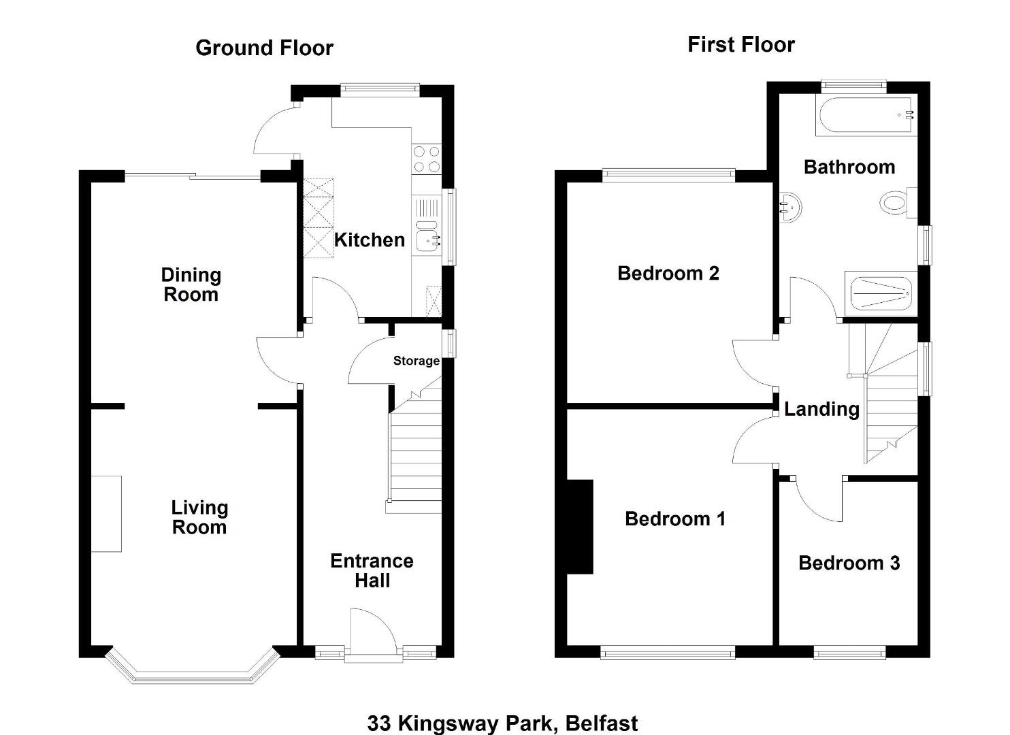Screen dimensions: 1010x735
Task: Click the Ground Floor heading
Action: click(x=264, y=48)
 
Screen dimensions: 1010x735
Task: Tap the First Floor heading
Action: click(x=740, y=45)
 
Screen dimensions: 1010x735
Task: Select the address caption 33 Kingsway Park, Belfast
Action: click(x=502, y=723)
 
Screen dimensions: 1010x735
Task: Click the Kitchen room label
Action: click(x=370, y=240)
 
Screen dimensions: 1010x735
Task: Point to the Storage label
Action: click(x=416, y=361)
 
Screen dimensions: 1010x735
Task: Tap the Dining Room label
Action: click(x=191, y=284)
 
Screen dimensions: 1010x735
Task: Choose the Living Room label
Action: click(x=199, y=517)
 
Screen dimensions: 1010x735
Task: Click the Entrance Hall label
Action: click(x=372, y=570)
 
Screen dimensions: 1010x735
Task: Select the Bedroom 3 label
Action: click(x=849, y=563)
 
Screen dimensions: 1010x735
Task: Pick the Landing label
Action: click(x=821, y=410)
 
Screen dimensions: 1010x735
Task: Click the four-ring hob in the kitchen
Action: click(x=427, y=159)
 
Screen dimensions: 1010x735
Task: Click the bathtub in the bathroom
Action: click(x=866, y=116)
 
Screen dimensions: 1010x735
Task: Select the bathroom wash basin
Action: click(x=790, y=208)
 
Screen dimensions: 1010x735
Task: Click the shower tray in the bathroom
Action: click(x=881, y=293)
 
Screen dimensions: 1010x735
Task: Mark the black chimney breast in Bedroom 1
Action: click(x=580, y=527)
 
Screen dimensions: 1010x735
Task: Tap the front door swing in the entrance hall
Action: click(x=374, y=632)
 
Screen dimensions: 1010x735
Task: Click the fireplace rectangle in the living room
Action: click(x=106, y=514)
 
